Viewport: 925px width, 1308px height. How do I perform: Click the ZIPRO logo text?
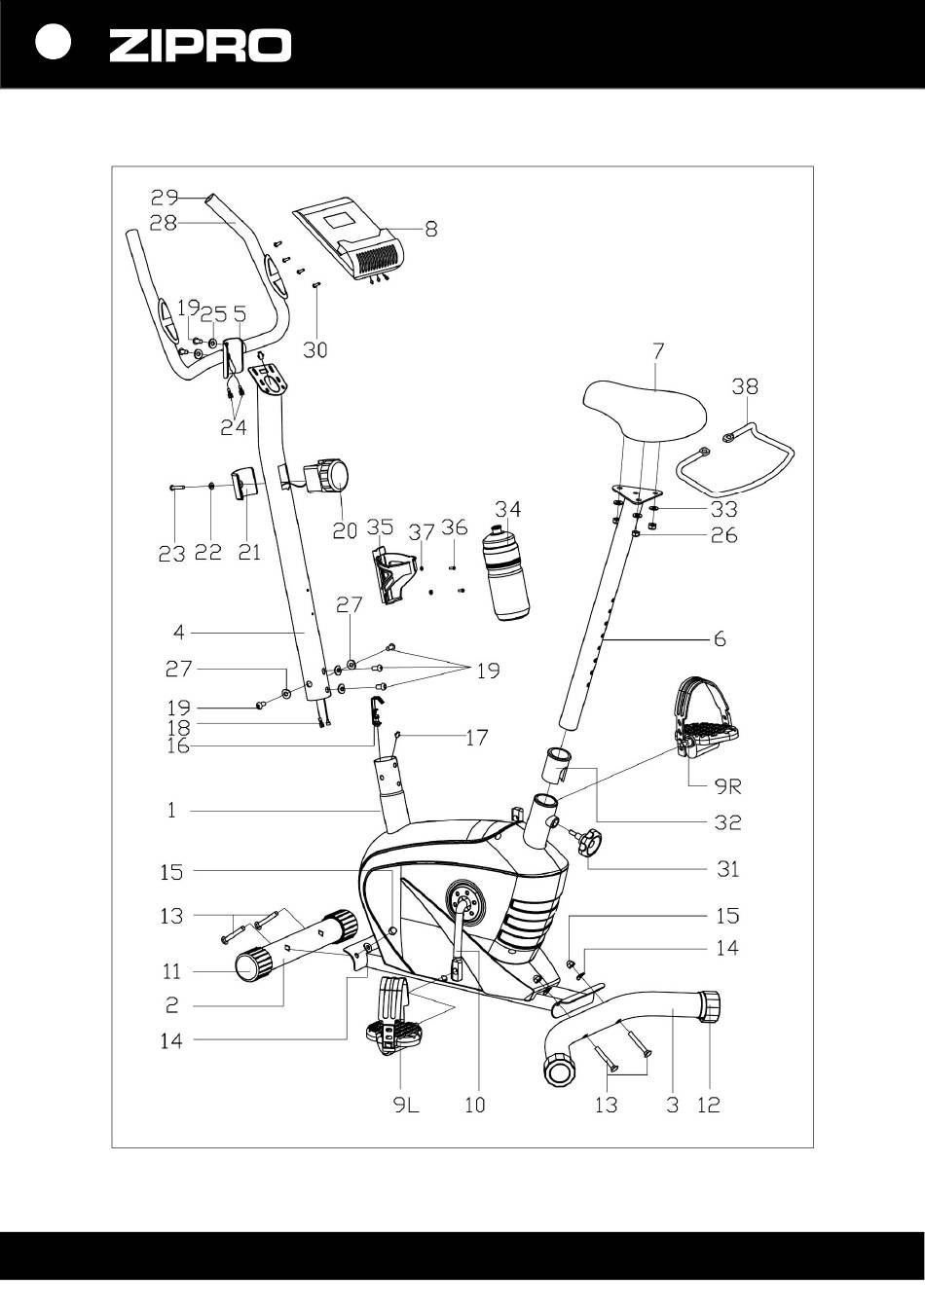(x=200, y=46)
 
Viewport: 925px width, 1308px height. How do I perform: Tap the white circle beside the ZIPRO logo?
(x=53, y=44)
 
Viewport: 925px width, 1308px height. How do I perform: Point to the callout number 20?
(x=344, y=532)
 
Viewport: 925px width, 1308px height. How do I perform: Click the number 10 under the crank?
(x=474, y=1106)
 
